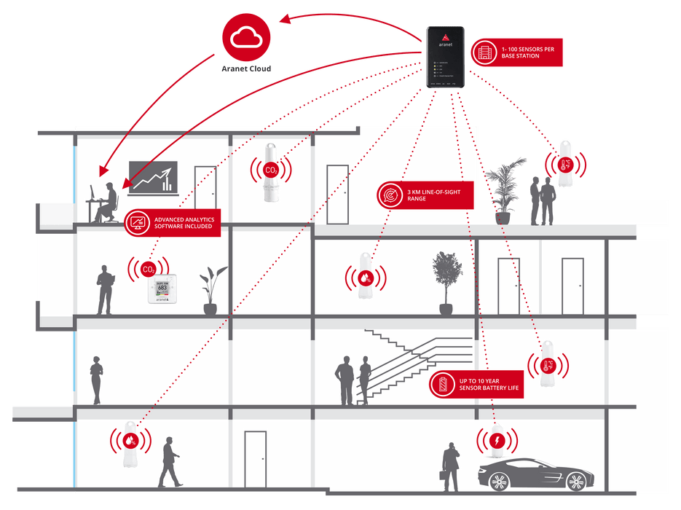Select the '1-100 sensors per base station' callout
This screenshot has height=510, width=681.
516,51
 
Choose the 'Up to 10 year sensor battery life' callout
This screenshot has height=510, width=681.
476,385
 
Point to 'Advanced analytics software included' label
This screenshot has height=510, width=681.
173,221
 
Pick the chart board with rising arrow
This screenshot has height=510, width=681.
151,177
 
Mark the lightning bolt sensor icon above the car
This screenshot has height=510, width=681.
497,441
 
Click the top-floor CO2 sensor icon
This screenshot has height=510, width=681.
270,170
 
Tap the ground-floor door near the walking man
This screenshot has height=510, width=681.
255,458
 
